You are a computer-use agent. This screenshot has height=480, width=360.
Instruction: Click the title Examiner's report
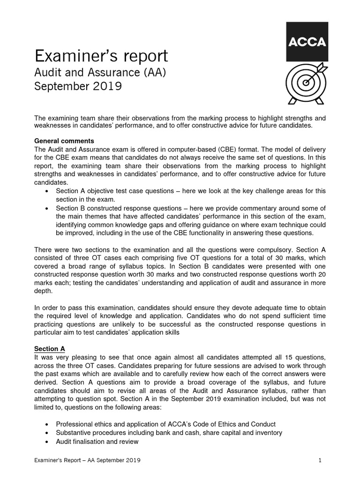pyautogui.click(x=101, y=56)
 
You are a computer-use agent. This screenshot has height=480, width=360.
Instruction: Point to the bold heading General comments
pyautogui.click(x=65, y=141)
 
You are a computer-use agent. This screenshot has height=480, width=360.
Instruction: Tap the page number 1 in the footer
pyautogui.click(x=320, y=461)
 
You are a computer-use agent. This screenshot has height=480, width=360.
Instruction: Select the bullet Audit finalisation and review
pyautogui.click(x=97, y=441)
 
